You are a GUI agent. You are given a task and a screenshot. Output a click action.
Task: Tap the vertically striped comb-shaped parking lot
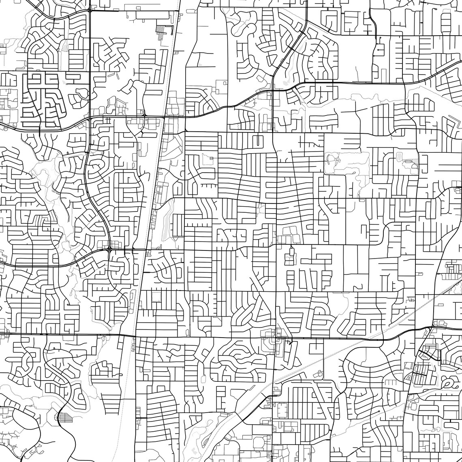163,30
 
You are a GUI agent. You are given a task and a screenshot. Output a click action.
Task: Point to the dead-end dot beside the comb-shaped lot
172,33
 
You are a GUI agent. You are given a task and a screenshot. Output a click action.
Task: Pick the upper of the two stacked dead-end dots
380,40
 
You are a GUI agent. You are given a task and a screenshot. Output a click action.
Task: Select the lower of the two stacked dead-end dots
379,50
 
